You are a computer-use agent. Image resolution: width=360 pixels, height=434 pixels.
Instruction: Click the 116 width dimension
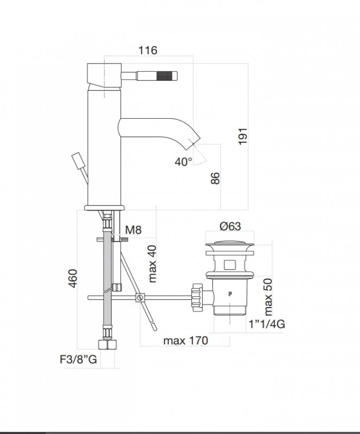click(x=148, y=50)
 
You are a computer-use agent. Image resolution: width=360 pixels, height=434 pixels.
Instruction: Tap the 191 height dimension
click(x=243, y=136)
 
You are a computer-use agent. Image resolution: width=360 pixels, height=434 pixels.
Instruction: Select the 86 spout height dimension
click(x=216, y=178)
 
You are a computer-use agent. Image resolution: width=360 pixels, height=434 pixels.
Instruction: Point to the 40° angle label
click(x=183, y=162)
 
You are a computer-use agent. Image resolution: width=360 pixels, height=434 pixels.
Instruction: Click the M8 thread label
click(x=133, y=229)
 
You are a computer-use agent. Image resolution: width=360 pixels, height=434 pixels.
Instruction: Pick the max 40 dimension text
click(x=152, y=264)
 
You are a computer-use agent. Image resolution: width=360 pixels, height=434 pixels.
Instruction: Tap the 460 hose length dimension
click(x=73, y=278)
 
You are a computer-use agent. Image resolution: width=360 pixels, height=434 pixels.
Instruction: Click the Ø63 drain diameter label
click(x=230, y=226)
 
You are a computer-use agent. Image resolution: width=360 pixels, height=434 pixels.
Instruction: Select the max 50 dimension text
click(x=268, y=297)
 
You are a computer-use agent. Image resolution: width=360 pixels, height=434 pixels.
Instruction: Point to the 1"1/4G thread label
click(x=267, y=324)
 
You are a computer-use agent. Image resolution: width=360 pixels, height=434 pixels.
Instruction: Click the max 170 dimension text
click(x=185, y=341)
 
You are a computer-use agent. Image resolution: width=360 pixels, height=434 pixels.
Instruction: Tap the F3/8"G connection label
click(x=78, y=359)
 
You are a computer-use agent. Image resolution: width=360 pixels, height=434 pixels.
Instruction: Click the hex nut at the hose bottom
click(x=108, y=344)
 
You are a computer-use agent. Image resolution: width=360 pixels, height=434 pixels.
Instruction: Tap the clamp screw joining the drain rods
click(x=140, y=297)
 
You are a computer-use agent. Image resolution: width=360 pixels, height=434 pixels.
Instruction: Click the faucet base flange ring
click(x=104, y=208)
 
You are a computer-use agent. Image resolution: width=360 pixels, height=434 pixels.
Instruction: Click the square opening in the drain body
click(x=230, y=265)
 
